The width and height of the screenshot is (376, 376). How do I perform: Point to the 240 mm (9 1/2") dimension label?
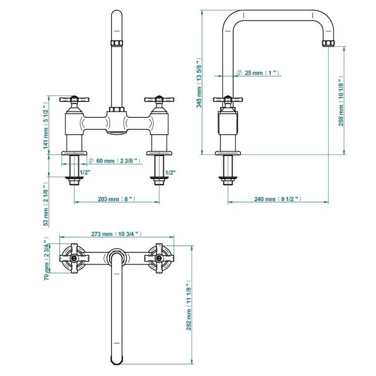click(x=278, y=199)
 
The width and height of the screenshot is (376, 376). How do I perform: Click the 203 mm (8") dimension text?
click(x=116, y=199)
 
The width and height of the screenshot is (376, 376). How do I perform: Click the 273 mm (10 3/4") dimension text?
click(x=116, y=234)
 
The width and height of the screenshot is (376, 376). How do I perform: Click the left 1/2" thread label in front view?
click(x=84, y=172)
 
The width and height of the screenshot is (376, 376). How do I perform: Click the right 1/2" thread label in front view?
click(x=170, y=172)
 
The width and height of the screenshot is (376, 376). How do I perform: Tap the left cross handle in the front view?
click(x=74, y=100)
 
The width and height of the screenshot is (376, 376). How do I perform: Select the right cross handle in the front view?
click(x=159, y=100)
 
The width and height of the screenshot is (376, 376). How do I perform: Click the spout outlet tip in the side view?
click(x=328, y=43)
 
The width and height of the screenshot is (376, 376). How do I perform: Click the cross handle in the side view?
click(x=228, y=100)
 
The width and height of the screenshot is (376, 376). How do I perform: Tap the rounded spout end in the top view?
click(x=116, y=360)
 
